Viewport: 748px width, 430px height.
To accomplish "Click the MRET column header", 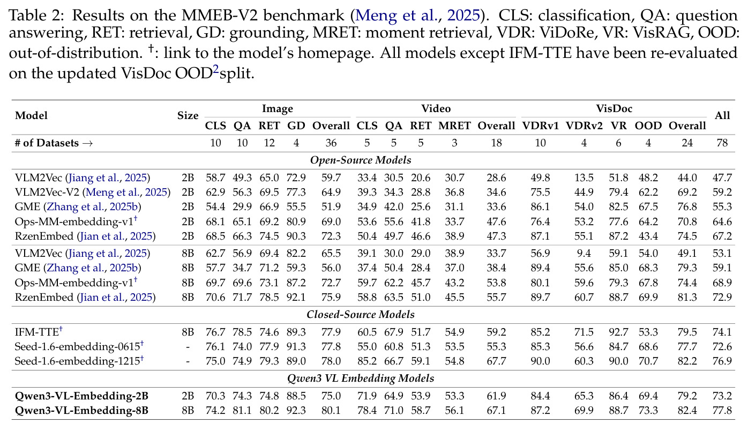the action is click(x=454, y=125).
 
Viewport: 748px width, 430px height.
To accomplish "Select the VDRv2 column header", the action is click(x=584, y=125).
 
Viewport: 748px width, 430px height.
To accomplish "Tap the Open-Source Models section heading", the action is click(x=361, y=160).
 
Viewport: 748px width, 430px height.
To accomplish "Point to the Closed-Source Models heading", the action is click(x=361, y=314).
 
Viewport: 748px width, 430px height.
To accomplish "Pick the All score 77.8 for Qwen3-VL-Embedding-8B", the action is click(x=722, y=410).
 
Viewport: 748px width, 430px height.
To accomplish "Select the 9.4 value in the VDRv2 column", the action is click(x=584, y=253).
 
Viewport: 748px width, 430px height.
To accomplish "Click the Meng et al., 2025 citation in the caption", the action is click(x=417, y=16).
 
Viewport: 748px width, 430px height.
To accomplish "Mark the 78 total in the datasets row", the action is click(x=722, y=143).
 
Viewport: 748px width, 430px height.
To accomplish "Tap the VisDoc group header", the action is click(x=614, y=109).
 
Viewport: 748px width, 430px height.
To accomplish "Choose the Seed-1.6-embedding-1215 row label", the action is click(x=79, y=361).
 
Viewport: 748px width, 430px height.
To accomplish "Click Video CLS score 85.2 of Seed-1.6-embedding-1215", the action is click(x=367, y=361).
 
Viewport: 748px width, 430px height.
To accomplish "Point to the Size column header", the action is click(x=188, y=116).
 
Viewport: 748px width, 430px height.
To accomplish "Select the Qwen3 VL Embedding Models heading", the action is click(x=361, y=378).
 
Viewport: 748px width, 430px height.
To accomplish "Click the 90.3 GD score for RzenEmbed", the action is click(x=296, y=236).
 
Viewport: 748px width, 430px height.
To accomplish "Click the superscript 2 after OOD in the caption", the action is click(x=216, y=69).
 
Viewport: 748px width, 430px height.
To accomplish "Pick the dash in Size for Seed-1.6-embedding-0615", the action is click(x=188, y=347).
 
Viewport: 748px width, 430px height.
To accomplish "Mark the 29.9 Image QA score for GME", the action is click(x=242, y=207).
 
